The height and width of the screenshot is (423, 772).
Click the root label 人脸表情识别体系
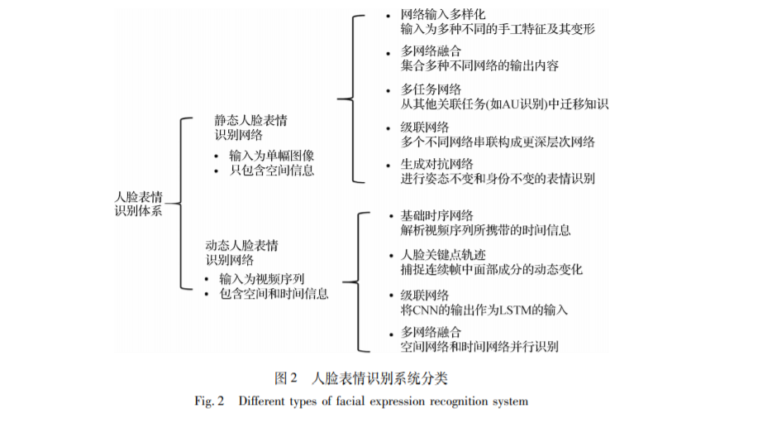[138, 204]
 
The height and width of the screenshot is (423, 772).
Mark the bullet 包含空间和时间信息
[274, 294]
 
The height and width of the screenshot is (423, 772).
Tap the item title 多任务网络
[430, 89]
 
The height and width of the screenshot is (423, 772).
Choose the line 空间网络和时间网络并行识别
[479, 347]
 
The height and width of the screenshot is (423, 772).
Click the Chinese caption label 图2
[285, 378]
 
